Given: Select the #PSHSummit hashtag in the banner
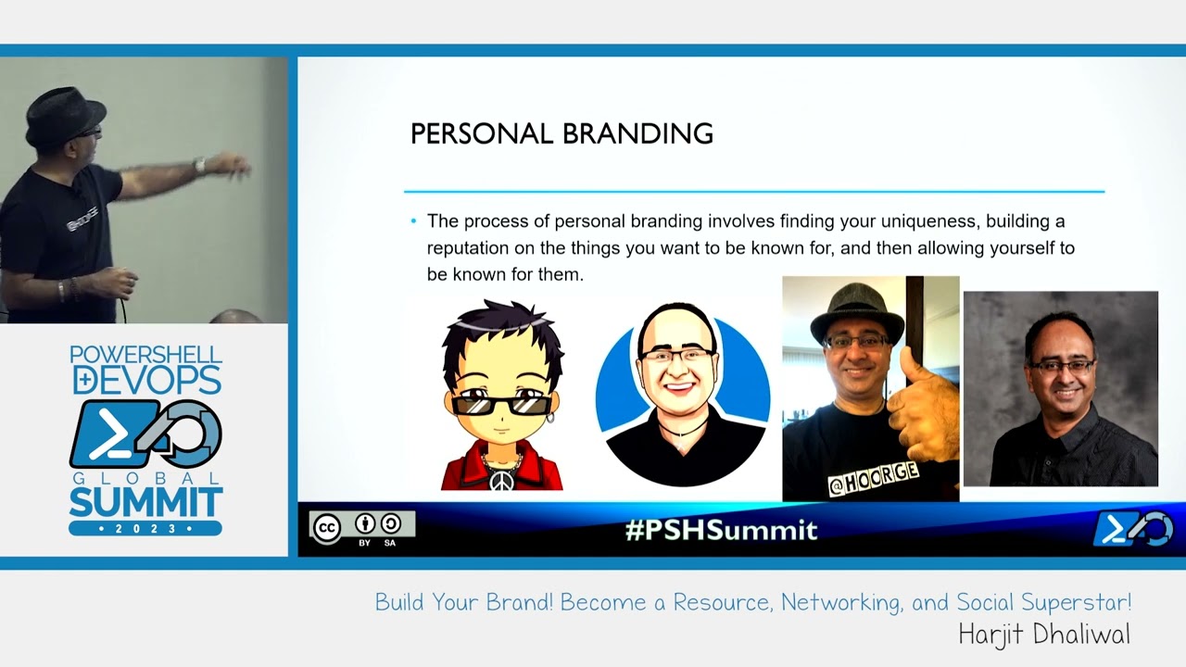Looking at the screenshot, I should pos(721,530).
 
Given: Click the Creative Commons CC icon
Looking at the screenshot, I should pos(326,528).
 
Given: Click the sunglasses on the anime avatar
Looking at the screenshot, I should pos(501,405).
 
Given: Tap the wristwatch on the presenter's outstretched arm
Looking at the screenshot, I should pos(198,167).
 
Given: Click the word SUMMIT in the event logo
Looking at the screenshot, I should pos(145,504).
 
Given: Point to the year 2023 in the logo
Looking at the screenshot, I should pos(145,528).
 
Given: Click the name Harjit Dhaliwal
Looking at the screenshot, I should pos(1044,636).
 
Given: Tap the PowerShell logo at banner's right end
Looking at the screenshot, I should pos(1132,529).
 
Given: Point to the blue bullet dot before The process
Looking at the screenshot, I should pos(413,221).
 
